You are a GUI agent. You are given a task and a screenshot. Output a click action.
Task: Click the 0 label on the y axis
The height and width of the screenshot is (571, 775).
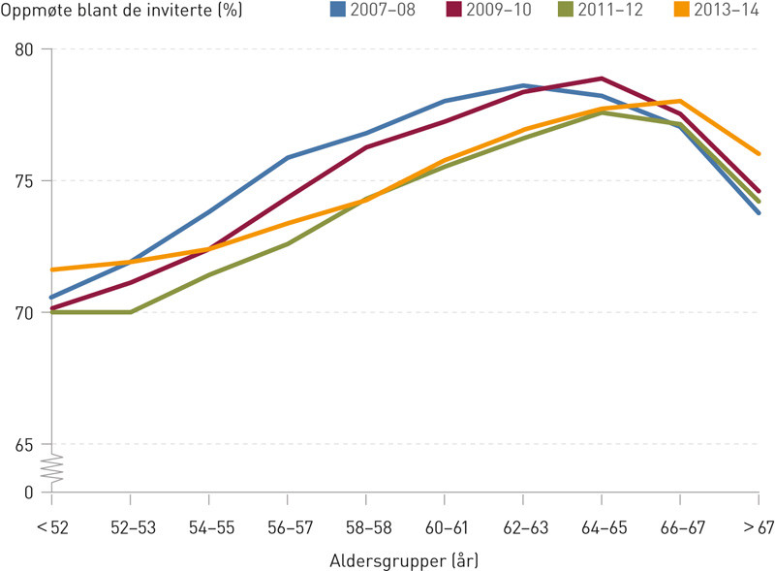(30, 492)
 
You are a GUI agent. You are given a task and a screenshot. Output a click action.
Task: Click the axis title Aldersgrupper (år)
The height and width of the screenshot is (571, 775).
(405, 559)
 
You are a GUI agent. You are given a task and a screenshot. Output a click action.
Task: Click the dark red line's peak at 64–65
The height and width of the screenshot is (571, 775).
(602, 79)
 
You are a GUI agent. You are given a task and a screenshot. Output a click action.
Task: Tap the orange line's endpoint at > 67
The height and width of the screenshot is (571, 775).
(759, 153)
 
